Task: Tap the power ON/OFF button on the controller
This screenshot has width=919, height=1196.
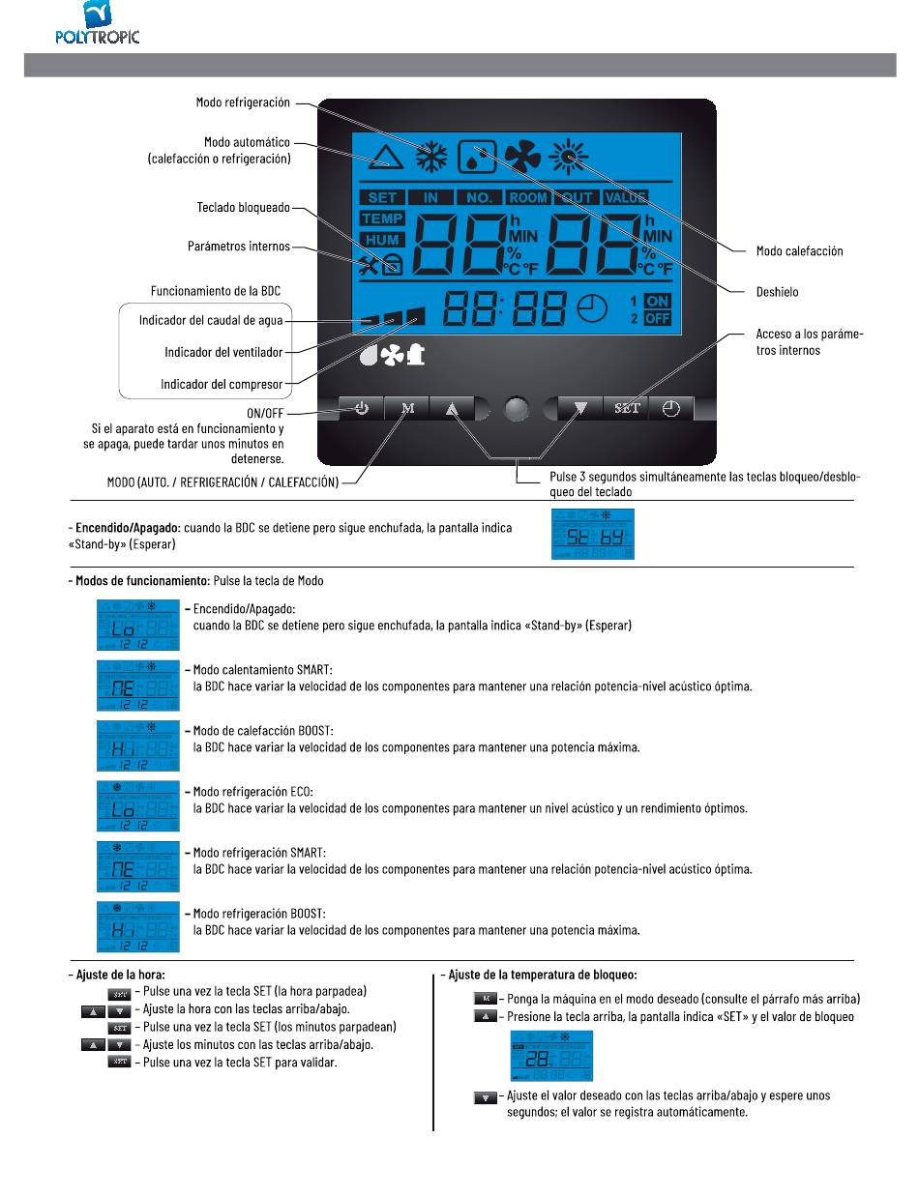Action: pos(361,408)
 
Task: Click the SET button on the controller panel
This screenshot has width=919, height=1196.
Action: pos(627,408)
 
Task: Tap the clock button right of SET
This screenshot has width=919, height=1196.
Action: pos(671,408)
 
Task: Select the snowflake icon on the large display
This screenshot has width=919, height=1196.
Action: pos(431,157)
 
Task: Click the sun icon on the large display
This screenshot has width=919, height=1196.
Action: pos(567,156)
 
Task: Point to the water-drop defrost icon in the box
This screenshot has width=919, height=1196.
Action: pos(476,157)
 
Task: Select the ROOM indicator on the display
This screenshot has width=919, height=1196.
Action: pos(529,197)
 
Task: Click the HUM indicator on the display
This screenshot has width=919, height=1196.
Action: pos(383,240)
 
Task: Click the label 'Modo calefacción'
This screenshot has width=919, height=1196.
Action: pos(799,251)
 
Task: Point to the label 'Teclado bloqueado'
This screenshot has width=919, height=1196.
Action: pos(243,208)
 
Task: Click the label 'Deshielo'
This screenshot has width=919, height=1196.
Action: pos(779,290)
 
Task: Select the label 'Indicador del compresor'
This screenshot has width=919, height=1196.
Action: pos(222,385)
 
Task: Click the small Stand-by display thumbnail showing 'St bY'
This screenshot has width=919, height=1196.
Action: pos(594,534)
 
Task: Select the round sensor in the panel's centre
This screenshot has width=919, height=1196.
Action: pos(519,409)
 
